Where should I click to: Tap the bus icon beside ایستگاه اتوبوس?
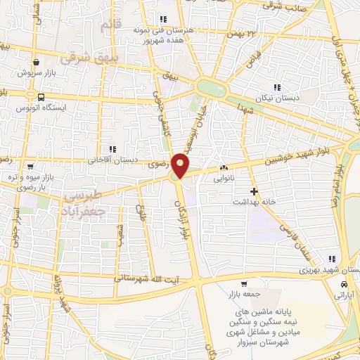coord(41,98)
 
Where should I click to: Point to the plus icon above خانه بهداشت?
coord(255,191)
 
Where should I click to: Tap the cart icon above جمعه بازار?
coord(243,284)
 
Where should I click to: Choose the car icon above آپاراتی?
coord(343,285)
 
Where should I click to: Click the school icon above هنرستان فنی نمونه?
coord(163,19)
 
